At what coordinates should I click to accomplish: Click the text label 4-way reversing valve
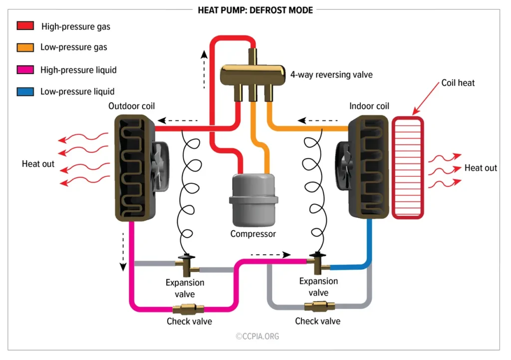coord(331,74)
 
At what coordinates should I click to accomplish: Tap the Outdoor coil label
coord(131,106)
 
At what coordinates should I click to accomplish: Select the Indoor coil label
coord(369,106)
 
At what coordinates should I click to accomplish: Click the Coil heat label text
coord(458,83)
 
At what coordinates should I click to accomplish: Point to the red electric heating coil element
coord(408,167)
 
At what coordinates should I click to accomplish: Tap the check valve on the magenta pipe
coord(188,308)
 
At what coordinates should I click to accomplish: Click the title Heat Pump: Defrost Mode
coord(255,9)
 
